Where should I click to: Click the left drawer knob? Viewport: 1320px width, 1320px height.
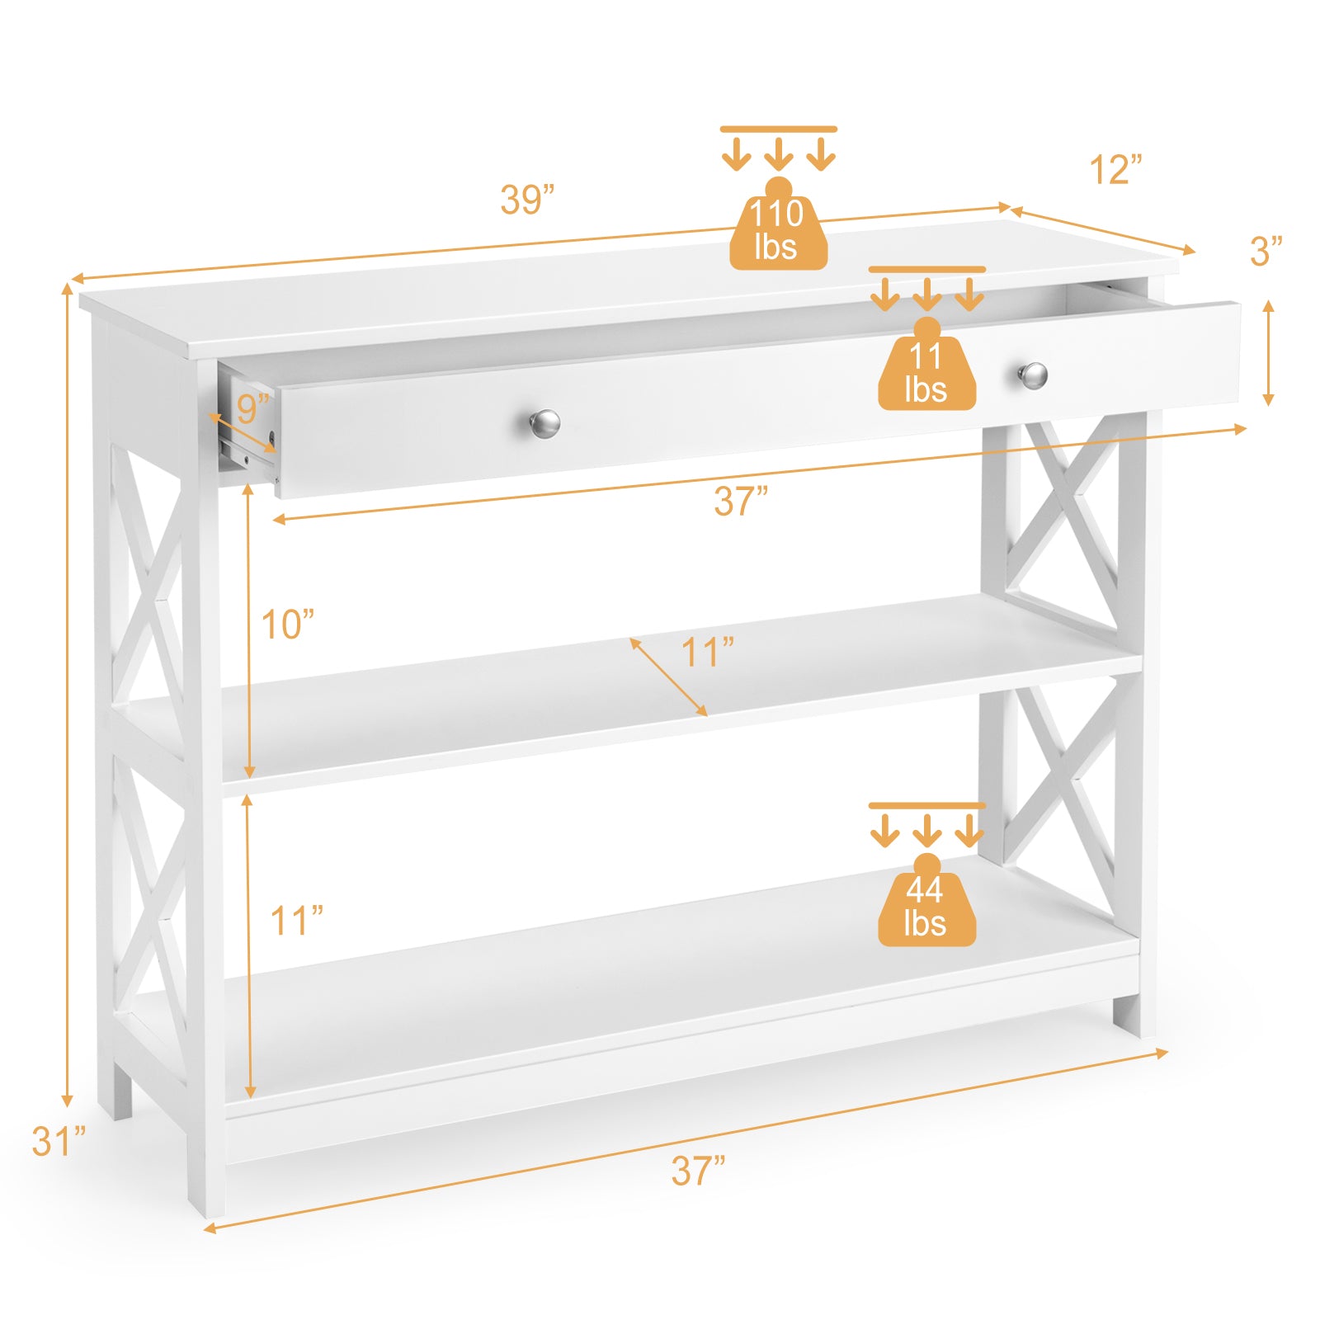[x=544, y=423]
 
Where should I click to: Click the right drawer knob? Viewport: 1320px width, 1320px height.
[x=1032, y=375]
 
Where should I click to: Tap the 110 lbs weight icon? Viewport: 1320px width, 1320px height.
[x=778, y=227]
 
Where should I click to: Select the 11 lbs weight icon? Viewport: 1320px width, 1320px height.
[x=926, y=369]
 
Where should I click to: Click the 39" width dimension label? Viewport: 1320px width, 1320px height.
[x=527, y=200]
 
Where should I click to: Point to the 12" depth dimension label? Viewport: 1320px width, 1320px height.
[x=1115, y=170]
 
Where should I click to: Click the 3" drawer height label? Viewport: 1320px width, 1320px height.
[x=1266, y=252]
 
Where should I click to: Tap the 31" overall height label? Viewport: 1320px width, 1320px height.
[x=59, y=1142]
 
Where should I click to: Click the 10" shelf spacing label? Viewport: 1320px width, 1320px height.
[x=287, y=625]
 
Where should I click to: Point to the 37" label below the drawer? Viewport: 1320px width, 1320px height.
[x=741, y=502]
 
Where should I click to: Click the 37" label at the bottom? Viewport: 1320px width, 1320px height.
[x=698, y=1171]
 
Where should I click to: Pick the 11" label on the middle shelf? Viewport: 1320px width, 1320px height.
[x=707, y=653]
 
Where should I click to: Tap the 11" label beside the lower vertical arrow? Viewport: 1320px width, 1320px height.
[x=296, y=921]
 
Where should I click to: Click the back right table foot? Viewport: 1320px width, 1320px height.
[x=1127, y=1015]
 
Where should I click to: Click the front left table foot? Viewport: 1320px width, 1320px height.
[x=205, y=1188]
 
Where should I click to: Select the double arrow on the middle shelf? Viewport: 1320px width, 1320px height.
[x=668, y=676]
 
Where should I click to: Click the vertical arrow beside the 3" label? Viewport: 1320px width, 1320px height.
[x=1269, y=353]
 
